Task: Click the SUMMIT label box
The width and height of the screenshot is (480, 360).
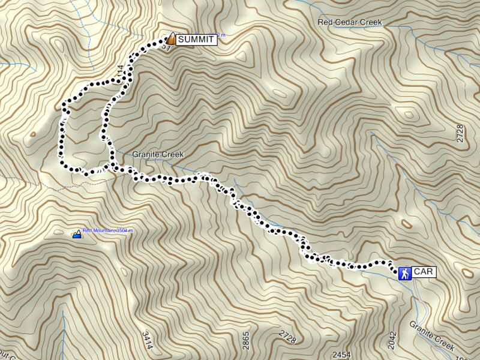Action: (x=196, y=40)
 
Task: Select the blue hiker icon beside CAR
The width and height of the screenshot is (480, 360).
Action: (x=405, y=273)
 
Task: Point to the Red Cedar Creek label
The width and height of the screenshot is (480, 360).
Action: (x=350, y=22)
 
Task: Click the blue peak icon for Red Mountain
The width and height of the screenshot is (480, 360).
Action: (x=77, y=235)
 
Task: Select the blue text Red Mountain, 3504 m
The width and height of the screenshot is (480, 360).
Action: (x=107, y=230)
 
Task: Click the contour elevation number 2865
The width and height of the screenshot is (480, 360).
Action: (x=245, y=340)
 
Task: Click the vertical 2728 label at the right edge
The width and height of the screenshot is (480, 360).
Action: (x=460, y=133)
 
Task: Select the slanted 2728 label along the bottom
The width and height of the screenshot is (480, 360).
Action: (x=287, y=338)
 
